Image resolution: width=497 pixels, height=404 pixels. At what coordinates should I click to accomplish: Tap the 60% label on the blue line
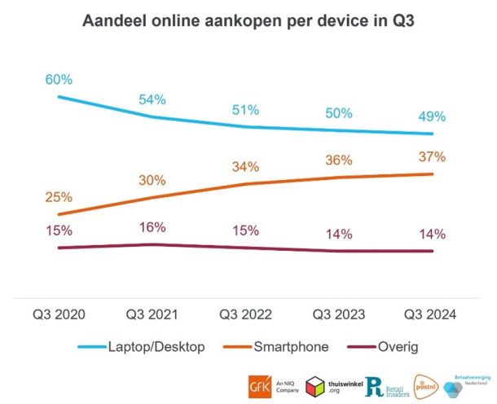[59, 80]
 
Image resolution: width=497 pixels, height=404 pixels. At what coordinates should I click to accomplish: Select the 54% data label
[152, 99]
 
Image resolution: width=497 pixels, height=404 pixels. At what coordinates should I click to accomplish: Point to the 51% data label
[245, 110]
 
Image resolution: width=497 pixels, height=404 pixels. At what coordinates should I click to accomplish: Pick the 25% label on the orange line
[59, 197]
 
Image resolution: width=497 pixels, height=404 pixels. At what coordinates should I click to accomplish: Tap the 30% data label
[152, 180]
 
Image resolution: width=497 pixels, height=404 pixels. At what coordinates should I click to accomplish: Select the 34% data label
[245, 167]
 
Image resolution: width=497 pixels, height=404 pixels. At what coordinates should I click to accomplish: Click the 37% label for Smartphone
[433, 156]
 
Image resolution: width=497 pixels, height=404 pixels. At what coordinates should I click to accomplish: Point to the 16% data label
[152, 227]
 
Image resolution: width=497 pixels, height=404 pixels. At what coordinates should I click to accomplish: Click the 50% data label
[339, 113]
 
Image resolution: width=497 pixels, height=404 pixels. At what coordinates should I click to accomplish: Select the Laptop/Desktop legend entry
[142, 347]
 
